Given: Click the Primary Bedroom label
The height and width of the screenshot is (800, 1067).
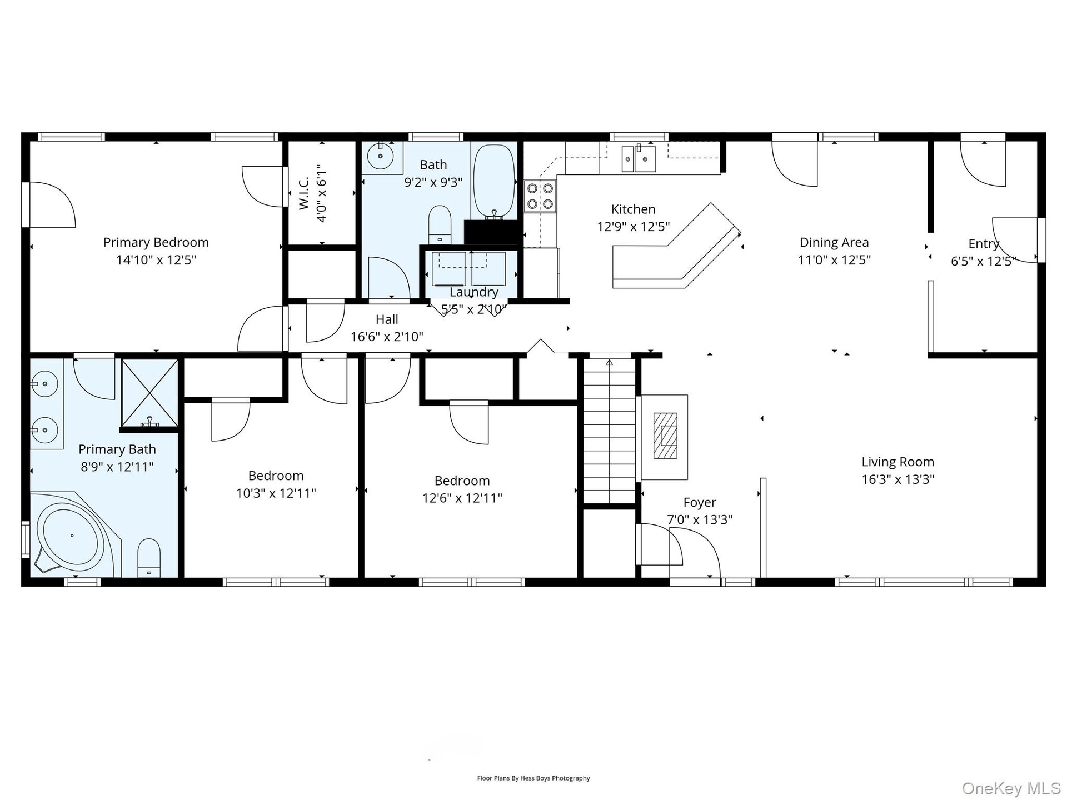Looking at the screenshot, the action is point(156,242).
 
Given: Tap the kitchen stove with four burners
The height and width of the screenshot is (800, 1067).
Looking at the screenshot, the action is point(540,196).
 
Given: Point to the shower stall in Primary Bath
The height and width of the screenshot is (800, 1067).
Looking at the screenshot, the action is point(149,393).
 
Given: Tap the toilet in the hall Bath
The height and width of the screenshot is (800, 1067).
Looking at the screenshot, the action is point(440,224).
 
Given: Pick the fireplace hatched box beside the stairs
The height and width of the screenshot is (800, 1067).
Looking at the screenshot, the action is point(665,435).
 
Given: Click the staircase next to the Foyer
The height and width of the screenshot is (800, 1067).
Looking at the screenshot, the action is point(609,431).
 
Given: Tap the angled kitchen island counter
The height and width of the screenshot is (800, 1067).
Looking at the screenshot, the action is point(676,246).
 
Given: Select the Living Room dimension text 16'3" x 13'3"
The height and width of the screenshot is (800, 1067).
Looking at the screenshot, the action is point(898,479).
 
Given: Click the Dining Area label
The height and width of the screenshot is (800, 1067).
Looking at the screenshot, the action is point(834,242).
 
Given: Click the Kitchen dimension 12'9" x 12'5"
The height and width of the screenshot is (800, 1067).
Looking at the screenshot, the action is point(633,227).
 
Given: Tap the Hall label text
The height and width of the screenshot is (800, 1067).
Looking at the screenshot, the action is point(387,319).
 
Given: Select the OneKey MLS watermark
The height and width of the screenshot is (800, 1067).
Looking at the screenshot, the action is point(1011,788).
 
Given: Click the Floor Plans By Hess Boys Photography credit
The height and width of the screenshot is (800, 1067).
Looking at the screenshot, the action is point(533,778).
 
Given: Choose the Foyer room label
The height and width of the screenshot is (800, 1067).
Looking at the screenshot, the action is point(700,502).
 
